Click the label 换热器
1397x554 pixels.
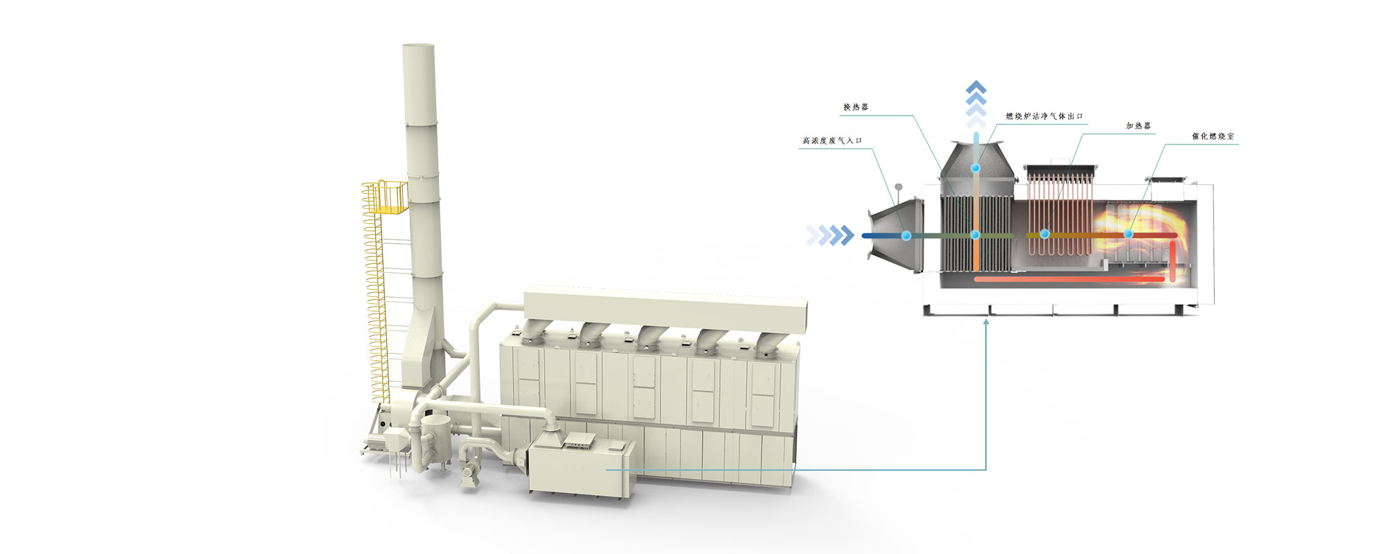click(856, 107)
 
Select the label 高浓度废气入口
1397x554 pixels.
click(832, 141)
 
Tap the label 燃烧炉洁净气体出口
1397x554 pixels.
click(1044, 116)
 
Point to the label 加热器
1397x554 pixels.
click(1138, 126)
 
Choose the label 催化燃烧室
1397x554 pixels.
click(1212, 136)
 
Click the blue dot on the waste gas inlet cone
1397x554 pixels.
click(905, 235)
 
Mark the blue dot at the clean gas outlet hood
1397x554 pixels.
click(975, 168)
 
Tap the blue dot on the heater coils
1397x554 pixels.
click(1045, 234)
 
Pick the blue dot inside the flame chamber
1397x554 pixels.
click(1128, 234)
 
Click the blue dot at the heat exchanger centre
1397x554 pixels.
click(975, 235)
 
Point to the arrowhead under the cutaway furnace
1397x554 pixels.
click(986, 321)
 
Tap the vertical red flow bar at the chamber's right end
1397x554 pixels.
click(1173, 262)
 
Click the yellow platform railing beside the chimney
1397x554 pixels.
click(385, 197)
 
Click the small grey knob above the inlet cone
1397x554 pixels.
click(898, 186)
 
